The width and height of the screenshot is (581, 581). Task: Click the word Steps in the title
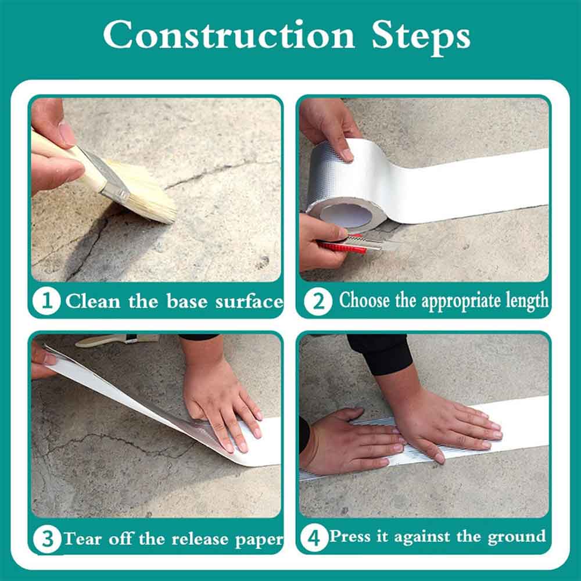tap(421, 37)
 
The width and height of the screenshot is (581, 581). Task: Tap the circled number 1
tap(46, 301)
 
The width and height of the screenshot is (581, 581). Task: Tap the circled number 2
tap(318, 301)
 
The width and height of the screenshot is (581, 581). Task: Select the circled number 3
tap(47, 539)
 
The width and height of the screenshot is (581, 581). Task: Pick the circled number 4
tap(314, 537)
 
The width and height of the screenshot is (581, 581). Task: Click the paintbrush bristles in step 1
tap(145, 193)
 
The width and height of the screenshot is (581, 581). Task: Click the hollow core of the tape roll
tap(346, 216)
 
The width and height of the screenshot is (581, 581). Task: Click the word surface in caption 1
tap(249, 301)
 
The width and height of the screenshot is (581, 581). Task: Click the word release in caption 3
tap(200, 539)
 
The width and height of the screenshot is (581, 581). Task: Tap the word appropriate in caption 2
tap(462, 302)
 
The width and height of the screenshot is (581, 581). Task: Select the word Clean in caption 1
tap(93, 301)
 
